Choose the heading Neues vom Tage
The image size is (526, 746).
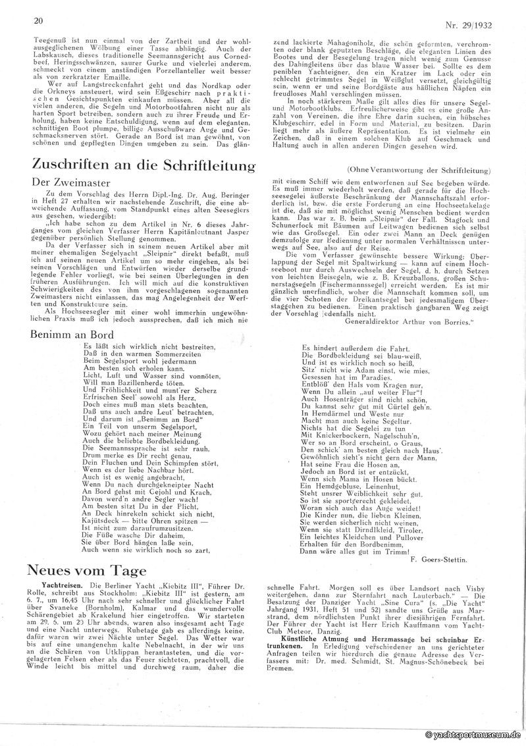pos(86,570)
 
